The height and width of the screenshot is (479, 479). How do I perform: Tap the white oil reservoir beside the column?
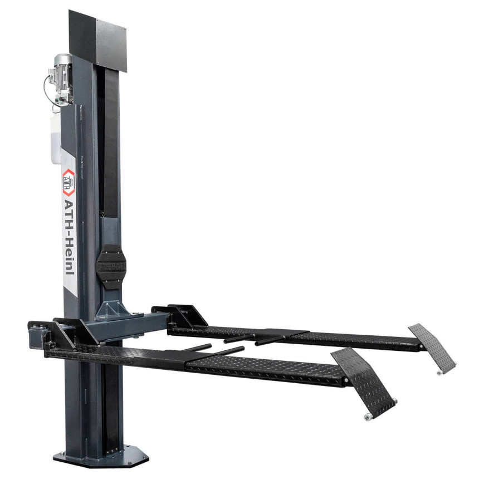tap(56, 140)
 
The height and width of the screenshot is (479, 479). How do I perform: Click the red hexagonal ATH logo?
tap(69, 182)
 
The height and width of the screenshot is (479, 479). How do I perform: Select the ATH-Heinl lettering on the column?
tap(69, 237)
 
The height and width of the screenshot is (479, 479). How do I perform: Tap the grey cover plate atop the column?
tap(111, 46)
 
